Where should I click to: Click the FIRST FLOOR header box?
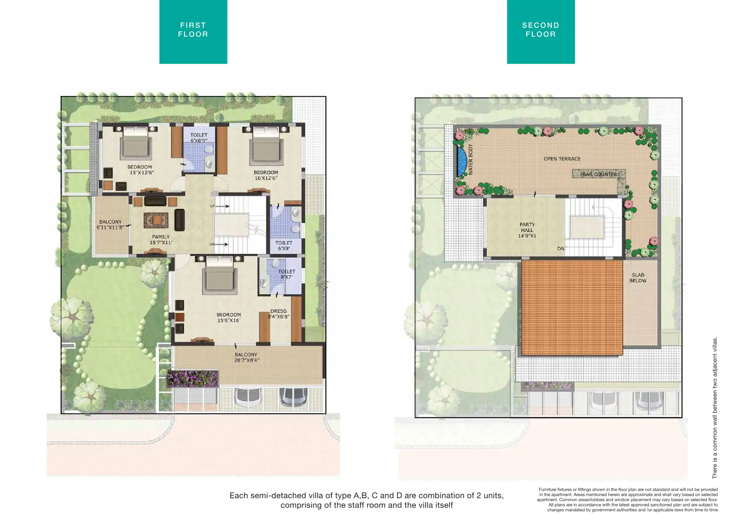point(193,32)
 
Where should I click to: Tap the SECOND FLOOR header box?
point(541,32)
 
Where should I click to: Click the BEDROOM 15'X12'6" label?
point(140,170)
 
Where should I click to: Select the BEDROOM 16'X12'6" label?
point(266,175)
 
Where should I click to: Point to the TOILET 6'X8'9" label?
point(199,138)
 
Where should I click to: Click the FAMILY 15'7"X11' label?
point(161,239)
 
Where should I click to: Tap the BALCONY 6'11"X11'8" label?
point(110,225)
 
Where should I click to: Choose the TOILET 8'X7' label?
point(287,274)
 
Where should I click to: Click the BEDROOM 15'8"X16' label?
point(229,317)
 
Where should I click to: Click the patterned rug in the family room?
point(156,220)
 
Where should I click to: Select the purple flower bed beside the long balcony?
point(193,379)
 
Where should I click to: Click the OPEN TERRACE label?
point(562,159)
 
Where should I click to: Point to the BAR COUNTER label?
point(600,174)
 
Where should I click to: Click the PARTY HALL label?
point(527,230)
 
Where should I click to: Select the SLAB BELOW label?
point(638,278)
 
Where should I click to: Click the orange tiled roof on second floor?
point(572,307)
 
